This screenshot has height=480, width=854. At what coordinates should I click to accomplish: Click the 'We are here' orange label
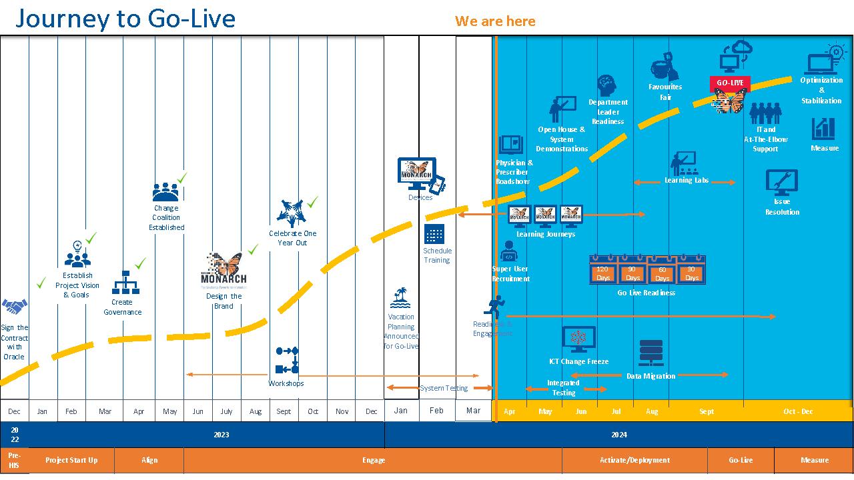tap(495, 21)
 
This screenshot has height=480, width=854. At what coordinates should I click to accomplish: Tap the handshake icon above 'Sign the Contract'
tap(14, 307)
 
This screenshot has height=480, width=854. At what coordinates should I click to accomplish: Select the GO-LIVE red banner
tap(730, 83)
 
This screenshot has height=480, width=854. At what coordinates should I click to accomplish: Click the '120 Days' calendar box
tap(603, 273)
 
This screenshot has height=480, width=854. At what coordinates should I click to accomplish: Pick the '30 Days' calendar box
tap(692, 273)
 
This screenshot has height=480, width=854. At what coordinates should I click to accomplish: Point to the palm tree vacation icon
tap(400, 297)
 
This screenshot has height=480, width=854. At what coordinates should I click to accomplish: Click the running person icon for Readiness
tap(494, 307)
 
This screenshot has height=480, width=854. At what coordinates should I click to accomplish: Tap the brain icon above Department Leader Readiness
tap(607, 85)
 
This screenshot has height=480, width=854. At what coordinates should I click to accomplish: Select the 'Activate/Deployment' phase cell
tap(634, 460)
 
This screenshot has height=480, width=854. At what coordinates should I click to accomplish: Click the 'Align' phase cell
tap(149, 460)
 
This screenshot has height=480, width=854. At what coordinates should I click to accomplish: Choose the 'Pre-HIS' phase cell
tap(14, 460)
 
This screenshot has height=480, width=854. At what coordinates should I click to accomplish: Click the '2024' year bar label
tap(619, 435)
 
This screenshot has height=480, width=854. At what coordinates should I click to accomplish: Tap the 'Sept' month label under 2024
tap(707, 411)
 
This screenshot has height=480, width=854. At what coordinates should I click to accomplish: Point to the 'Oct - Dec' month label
tap(798, 411)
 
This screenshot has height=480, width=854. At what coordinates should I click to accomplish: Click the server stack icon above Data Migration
tap(651, 353)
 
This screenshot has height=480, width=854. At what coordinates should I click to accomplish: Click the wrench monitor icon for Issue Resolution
tap(781, 182)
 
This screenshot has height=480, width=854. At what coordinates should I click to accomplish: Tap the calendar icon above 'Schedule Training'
tap(434, 235)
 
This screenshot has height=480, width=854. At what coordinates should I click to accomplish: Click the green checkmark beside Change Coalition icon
tap(181, 178)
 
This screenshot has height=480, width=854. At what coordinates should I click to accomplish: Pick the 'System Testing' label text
tap(444, 388)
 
